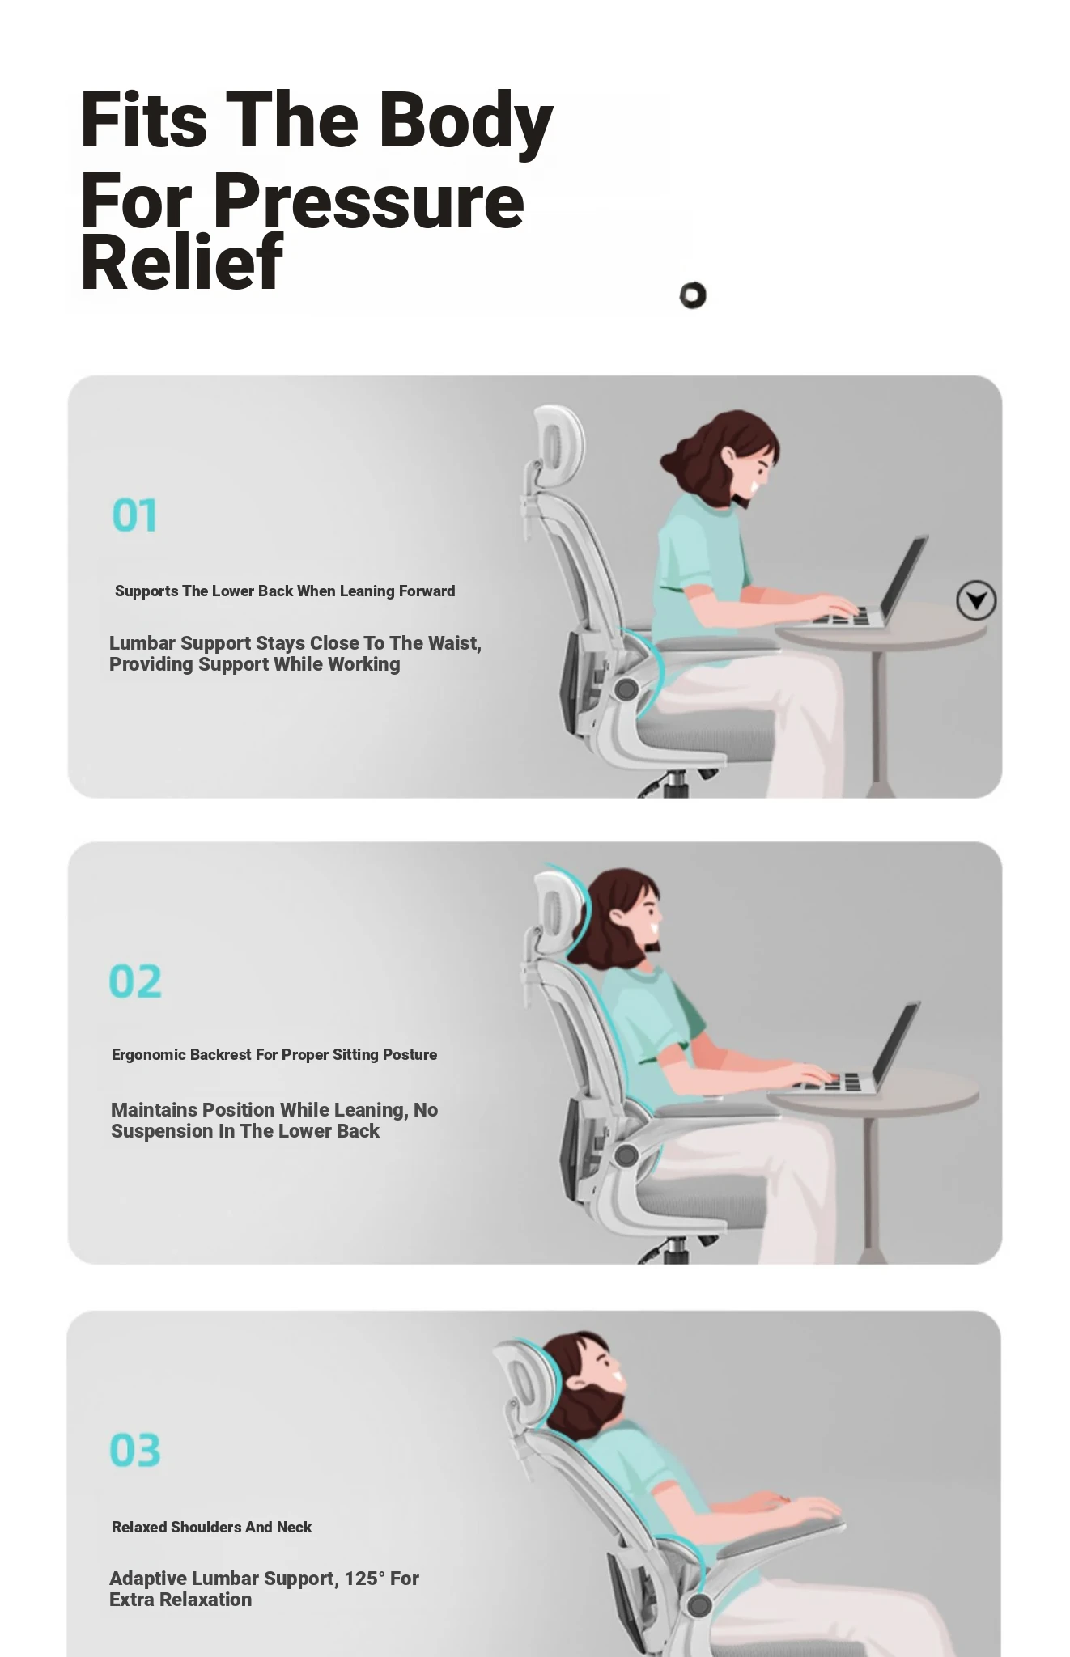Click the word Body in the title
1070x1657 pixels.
pyautogui.click(x=465, y=122)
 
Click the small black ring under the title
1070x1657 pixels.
pyautogui.click(x=693, y=295)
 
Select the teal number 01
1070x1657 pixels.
pyautogui.click(x=134, y=515)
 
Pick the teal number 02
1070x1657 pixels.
pyautogui.click(x=135, y=981)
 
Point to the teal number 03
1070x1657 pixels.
pyautogui.click(x=135, y=1450)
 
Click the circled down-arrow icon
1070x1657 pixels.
pyautogui.click(x=976, y=600)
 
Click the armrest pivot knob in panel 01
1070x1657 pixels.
pyautogui.click(x=626, y=689)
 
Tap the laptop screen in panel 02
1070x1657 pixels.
pyautogui.click(x=895, y=1045)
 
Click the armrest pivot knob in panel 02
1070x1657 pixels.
pyautogui.click(x=626, y=1155)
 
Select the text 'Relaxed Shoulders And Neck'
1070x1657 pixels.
pyautogui.click(x=211, y=1527)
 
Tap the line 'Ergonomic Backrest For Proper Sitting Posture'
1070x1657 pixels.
pyautogui.click(x=274, y=1055)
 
